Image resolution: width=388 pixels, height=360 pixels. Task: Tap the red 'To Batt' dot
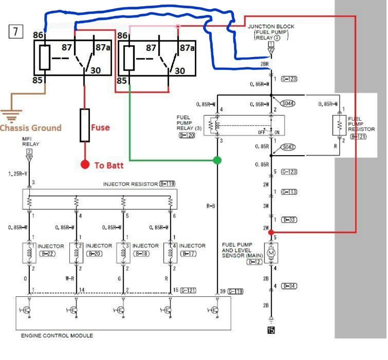point(85,165)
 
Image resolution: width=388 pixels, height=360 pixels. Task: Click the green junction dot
point(217,160)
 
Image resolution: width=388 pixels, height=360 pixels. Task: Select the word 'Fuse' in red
point(100,127)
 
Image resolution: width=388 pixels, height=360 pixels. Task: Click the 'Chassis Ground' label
point(30,128)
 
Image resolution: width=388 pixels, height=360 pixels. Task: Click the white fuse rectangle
point(85,125)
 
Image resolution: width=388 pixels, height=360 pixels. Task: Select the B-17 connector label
point(188,254)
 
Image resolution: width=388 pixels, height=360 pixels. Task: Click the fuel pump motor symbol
point(271,254)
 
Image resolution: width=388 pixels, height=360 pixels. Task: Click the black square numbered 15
point(271,330)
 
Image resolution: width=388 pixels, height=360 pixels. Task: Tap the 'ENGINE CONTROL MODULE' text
point(57,335)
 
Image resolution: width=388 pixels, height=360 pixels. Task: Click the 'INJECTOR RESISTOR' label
point(131,183)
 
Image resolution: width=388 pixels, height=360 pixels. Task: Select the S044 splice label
point(288,103)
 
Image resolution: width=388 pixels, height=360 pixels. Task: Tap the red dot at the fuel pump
point(271,232)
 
